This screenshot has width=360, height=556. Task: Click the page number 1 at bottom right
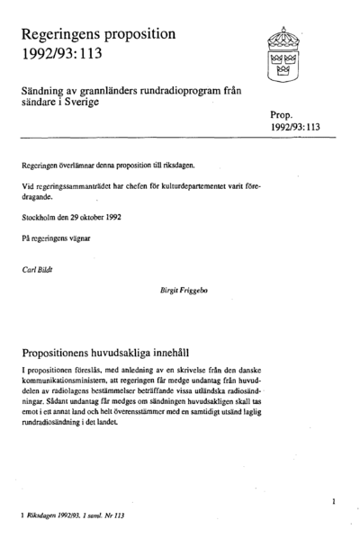tap(333, 499)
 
